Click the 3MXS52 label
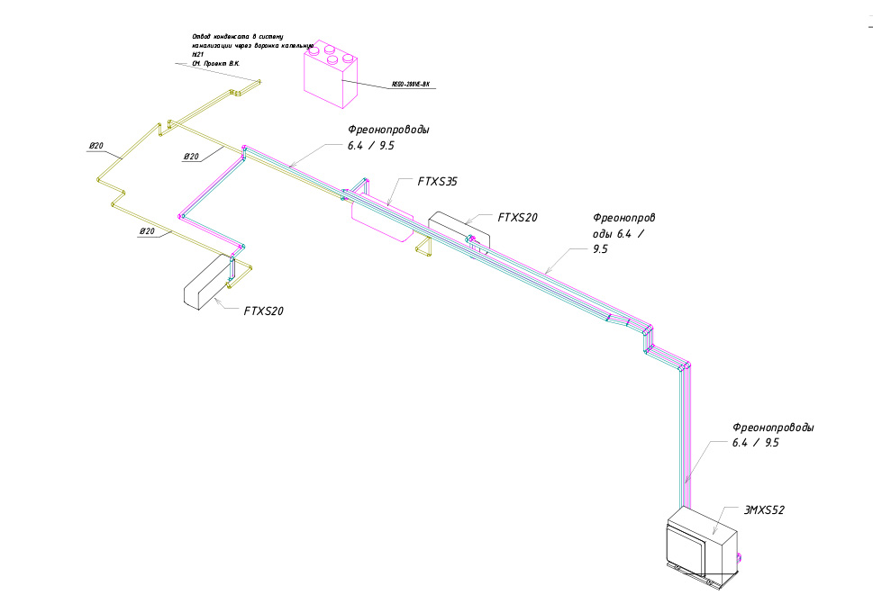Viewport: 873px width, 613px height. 764,510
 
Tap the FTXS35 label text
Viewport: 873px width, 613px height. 438,182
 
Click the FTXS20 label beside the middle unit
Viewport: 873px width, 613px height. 518,217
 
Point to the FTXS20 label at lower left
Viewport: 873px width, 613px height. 264,311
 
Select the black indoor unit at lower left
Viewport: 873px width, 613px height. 208,283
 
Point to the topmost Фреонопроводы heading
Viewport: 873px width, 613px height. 389,130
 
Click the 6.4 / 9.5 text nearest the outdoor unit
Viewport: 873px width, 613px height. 755,443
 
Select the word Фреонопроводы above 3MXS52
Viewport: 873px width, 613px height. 774,428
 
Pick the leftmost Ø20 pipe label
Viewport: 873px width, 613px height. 97,146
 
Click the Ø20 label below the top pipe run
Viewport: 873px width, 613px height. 191,157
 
